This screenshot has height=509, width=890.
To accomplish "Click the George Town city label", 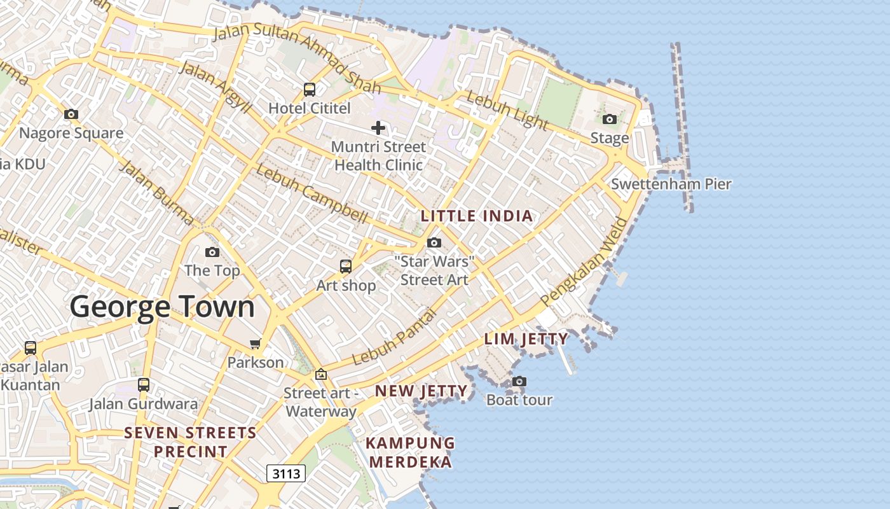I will [x=162, y=307].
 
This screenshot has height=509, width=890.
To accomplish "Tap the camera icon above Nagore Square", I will [x=71, y=115].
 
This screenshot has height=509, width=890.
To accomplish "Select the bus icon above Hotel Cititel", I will [x=310, y=90].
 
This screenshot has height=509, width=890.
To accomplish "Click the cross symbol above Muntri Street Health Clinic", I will [x=378, y=128].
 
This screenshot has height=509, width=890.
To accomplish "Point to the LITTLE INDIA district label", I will [x=477, y=216].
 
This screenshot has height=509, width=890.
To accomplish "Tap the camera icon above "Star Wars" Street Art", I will [x=434, y=242].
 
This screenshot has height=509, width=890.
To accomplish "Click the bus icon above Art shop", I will [x=346, y=267].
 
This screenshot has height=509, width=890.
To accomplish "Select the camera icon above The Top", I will [x=212, y=253].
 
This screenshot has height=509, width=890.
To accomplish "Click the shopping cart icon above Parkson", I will [x=256, y=344].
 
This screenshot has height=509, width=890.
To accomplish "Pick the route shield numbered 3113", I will [x=285, y=473].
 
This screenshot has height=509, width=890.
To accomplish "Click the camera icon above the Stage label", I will [x=609, y=119].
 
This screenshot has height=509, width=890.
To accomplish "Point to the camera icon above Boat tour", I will [x=519, y=381].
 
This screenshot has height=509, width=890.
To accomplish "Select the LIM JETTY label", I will [x=526, y=339].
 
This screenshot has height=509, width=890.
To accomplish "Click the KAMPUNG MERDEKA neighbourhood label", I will [x=411, y=452].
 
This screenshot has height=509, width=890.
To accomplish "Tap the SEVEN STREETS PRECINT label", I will [x=190, y=442].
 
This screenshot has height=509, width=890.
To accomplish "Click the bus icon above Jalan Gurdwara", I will [x=144, y=385].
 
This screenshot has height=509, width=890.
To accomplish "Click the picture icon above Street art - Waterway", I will [x=320, y=375].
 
